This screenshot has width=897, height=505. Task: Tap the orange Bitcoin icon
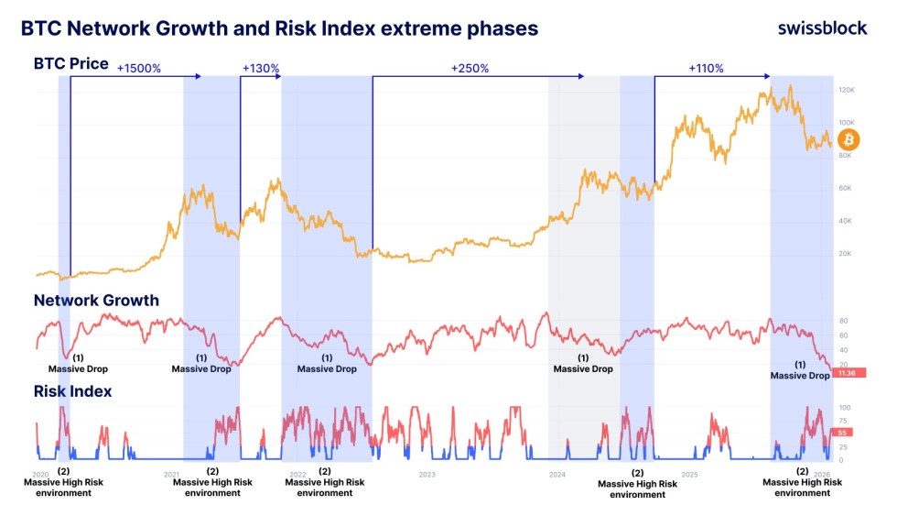848,139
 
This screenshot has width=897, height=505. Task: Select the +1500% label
139,69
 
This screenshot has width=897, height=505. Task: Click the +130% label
261,69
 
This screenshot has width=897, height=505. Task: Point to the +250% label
470,69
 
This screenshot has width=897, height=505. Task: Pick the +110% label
705,69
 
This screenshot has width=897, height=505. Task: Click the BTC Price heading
70,64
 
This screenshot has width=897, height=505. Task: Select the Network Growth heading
96,301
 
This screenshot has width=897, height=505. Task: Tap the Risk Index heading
72,391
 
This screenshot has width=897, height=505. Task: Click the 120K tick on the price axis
846,90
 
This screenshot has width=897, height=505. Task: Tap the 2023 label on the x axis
427,475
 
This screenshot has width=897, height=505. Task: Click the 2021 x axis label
170,475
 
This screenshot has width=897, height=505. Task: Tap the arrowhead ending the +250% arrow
581,78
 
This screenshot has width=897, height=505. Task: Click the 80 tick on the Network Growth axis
843,322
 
